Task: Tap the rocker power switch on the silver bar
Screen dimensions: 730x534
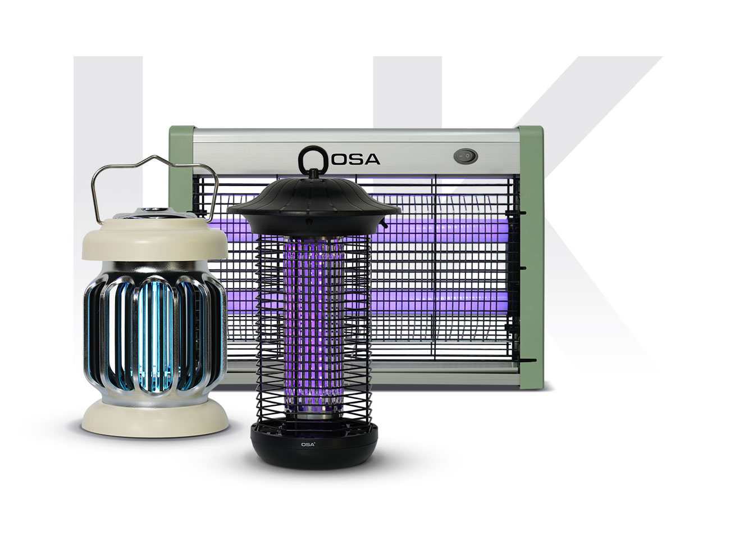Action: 466,156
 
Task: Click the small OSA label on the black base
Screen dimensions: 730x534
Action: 308,444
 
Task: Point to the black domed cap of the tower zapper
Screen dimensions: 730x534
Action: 313,202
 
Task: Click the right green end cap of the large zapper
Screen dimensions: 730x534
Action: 531,257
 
